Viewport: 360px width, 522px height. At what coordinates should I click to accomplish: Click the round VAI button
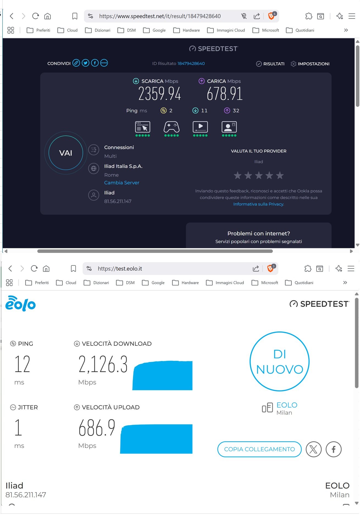pos(66,153)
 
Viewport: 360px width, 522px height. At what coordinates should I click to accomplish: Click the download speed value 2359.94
pos(159,94)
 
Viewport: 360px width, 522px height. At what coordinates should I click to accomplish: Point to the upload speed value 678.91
pos(225,94)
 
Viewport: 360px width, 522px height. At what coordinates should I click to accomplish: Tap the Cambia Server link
pos(121,183)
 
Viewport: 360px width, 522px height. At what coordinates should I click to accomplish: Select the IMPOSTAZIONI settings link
pos(310,64)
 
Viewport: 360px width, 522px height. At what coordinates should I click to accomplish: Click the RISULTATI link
pos(270,64)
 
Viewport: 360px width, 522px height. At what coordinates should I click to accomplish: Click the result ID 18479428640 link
pos(191,63)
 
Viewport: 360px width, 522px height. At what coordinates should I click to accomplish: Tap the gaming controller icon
pos(171,127)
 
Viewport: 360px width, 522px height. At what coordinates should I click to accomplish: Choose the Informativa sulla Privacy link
pos(258,204)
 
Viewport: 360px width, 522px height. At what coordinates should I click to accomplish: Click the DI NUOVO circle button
pos(279,361)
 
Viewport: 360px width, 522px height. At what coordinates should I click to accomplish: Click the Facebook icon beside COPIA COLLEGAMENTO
pos(333,449)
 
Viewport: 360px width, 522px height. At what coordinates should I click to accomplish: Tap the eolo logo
pos(21,304)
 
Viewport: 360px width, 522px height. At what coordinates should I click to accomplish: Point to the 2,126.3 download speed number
pos(103,364)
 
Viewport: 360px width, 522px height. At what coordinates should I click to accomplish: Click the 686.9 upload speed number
pos(97,428)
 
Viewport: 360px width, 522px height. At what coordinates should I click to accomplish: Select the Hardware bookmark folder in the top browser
pos(187,30)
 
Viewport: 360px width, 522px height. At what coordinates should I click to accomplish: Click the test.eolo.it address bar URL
pos(120,269)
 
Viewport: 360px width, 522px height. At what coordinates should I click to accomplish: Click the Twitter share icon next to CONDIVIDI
pos(85,63)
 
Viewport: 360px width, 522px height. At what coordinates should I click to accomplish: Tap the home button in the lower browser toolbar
pos(46,269)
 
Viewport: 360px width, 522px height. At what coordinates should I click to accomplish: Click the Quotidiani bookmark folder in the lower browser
pos(300,283)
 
